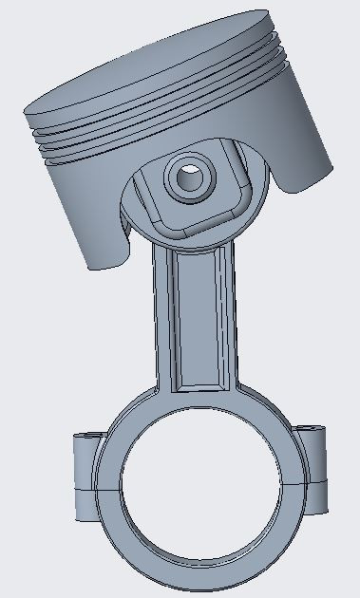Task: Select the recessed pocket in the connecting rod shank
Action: (198, 323)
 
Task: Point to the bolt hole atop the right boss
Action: (311, 431)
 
